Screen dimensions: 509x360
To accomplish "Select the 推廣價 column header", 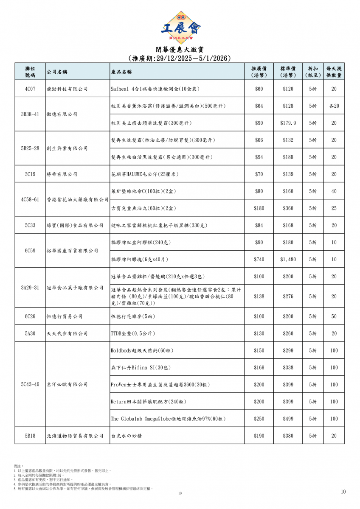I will (x=259, y=72).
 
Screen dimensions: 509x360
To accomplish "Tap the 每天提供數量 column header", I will (x=334, y=72).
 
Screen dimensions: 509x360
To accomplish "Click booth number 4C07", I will (x=30, y=89).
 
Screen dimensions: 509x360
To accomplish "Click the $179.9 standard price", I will (x=288, y=123).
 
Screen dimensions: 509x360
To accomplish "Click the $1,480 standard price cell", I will (x=288, y=259).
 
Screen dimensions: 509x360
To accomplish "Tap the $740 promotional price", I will (x=259, y=259).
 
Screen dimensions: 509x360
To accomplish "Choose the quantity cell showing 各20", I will (x=334, y=106).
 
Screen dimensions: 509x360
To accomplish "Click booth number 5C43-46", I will (x=30, y=384).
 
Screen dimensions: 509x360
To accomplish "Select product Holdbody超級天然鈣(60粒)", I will (x=142, y=350).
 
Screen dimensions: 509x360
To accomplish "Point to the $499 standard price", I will (x=288, y=418).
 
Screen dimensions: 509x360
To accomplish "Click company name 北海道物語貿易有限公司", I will (x=75, y=436).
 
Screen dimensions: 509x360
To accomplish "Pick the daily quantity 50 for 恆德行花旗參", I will (x=334, y=316).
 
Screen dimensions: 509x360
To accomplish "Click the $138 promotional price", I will (x=259, y=296).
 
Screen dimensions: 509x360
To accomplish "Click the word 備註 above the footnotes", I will (x=18, y=466).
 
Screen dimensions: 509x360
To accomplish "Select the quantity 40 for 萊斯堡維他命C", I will (x=334, y=191).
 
